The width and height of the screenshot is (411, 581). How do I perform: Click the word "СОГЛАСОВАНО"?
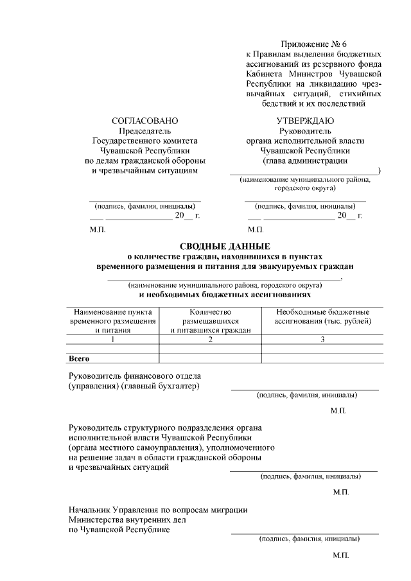pyautogui.click(x=144, y=121)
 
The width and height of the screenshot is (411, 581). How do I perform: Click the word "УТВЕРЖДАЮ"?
pyautogui.click(x=305, y=121)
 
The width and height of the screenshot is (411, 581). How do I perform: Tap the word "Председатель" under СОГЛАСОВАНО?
pyautogui.click(x=144, y=131)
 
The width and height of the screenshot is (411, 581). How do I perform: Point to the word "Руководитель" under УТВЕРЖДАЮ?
pyautogui.click(x=305, y=131)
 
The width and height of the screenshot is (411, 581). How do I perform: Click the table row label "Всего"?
pyautogui.click(x=78, y=358)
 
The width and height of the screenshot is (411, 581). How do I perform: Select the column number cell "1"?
pyautogui.click(x=113, y=340)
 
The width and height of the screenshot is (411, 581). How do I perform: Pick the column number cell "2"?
pyautogui.click(x=210, y=340)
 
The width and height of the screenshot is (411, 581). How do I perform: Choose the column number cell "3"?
pyautogui.click(x=322, y=340)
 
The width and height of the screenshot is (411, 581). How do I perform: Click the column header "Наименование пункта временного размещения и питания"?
pyautogui.click(x=113, y=321)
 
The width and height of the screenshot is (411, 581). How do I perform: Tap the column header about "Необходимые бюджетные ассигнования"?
pyautogui.click(x=322, y=317)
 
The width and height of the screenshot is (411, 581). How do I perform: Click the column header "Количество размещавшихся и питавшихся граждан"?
pyautogui.click(x=210, y=321)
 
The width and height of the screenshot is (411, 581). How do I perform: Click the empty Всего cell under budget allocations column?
pyautogui.click(x=322, y=358)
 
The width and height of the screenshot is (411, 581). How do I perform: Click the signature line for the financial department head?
pyautogui.click(x=304, y=389)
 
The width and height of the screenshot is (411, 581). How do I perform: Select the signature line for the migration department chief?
pyautogui.click(x=304, y=533)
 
